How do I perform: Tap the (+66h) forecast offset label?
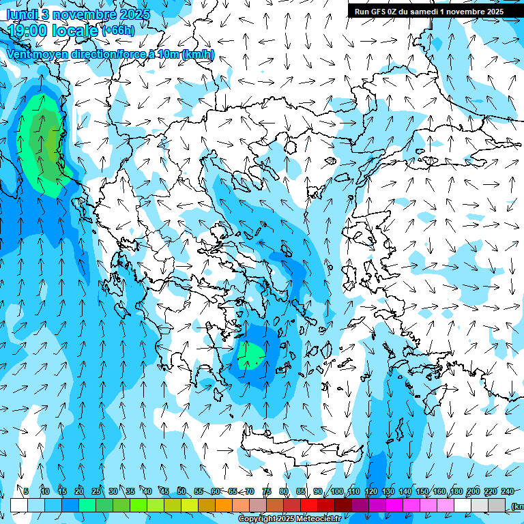click(x=118, y=31)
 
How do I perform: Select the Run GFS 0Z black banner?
click(x=428, y=11)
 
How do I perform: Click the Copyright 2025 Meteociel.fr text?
click(x=289, y=519)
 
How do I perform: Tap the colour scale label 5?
click(x=26, y=491)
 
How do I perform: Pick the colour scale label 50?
click(x=181, y=491)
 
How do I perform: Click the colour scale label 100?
click(x=337, y=491)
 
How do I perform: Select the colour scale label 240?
click(x=507, y=491)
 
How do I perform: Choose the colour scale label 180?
click(x=456, y=491)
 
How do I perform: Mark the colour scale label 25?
click(x=96, y=491)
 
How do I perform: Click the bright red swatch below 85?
click(x=309, y=505)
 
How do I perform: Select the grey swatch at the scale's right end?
click(x=497, y=505)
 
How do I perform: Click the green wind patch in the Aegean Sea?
click(x=251, y=355)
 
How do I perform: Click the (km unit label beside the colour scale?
click(x=516, y=506)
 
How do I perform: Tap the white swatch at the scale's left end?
click(x=19, y=505)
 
